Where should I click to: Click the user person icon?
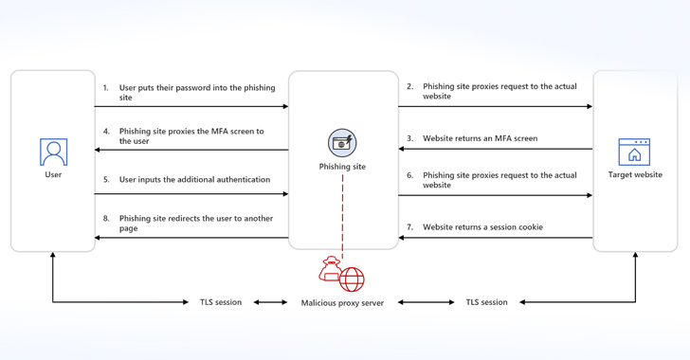(x=53, y=152)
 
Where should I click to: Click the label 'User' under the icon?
(x=53, y=175)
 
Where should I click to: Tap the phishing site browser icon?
(x=342, y=143)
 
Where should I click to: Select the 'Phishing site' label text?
(x=342, y=168)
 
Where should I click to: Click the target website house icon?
(x=634, y=152)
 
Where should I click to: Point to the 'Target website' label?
(x=634, y=175)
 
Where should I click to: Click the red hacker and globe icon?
(x=342, y=275)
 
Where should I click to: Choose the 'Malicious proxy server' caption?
(x=342, y=303)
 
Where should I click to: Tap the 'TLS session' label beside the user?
(x=221, y=302)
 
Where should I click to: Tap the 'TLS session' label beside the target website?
(x=486, y=302)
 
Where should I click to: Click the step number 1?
(x=106, y=87)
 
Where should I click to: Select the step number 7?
(x=409, y=227)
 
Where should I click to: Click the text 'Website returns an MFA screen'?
(x=480, y=138)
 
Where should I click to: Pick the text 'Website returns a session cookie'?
(x=482, y=227)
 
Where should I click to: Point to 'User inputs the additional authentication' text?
(x=194, y=179)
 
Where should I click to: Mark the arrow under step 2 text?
(x=495, y=106)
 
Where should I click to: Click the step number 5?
(x=106, y=179)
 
